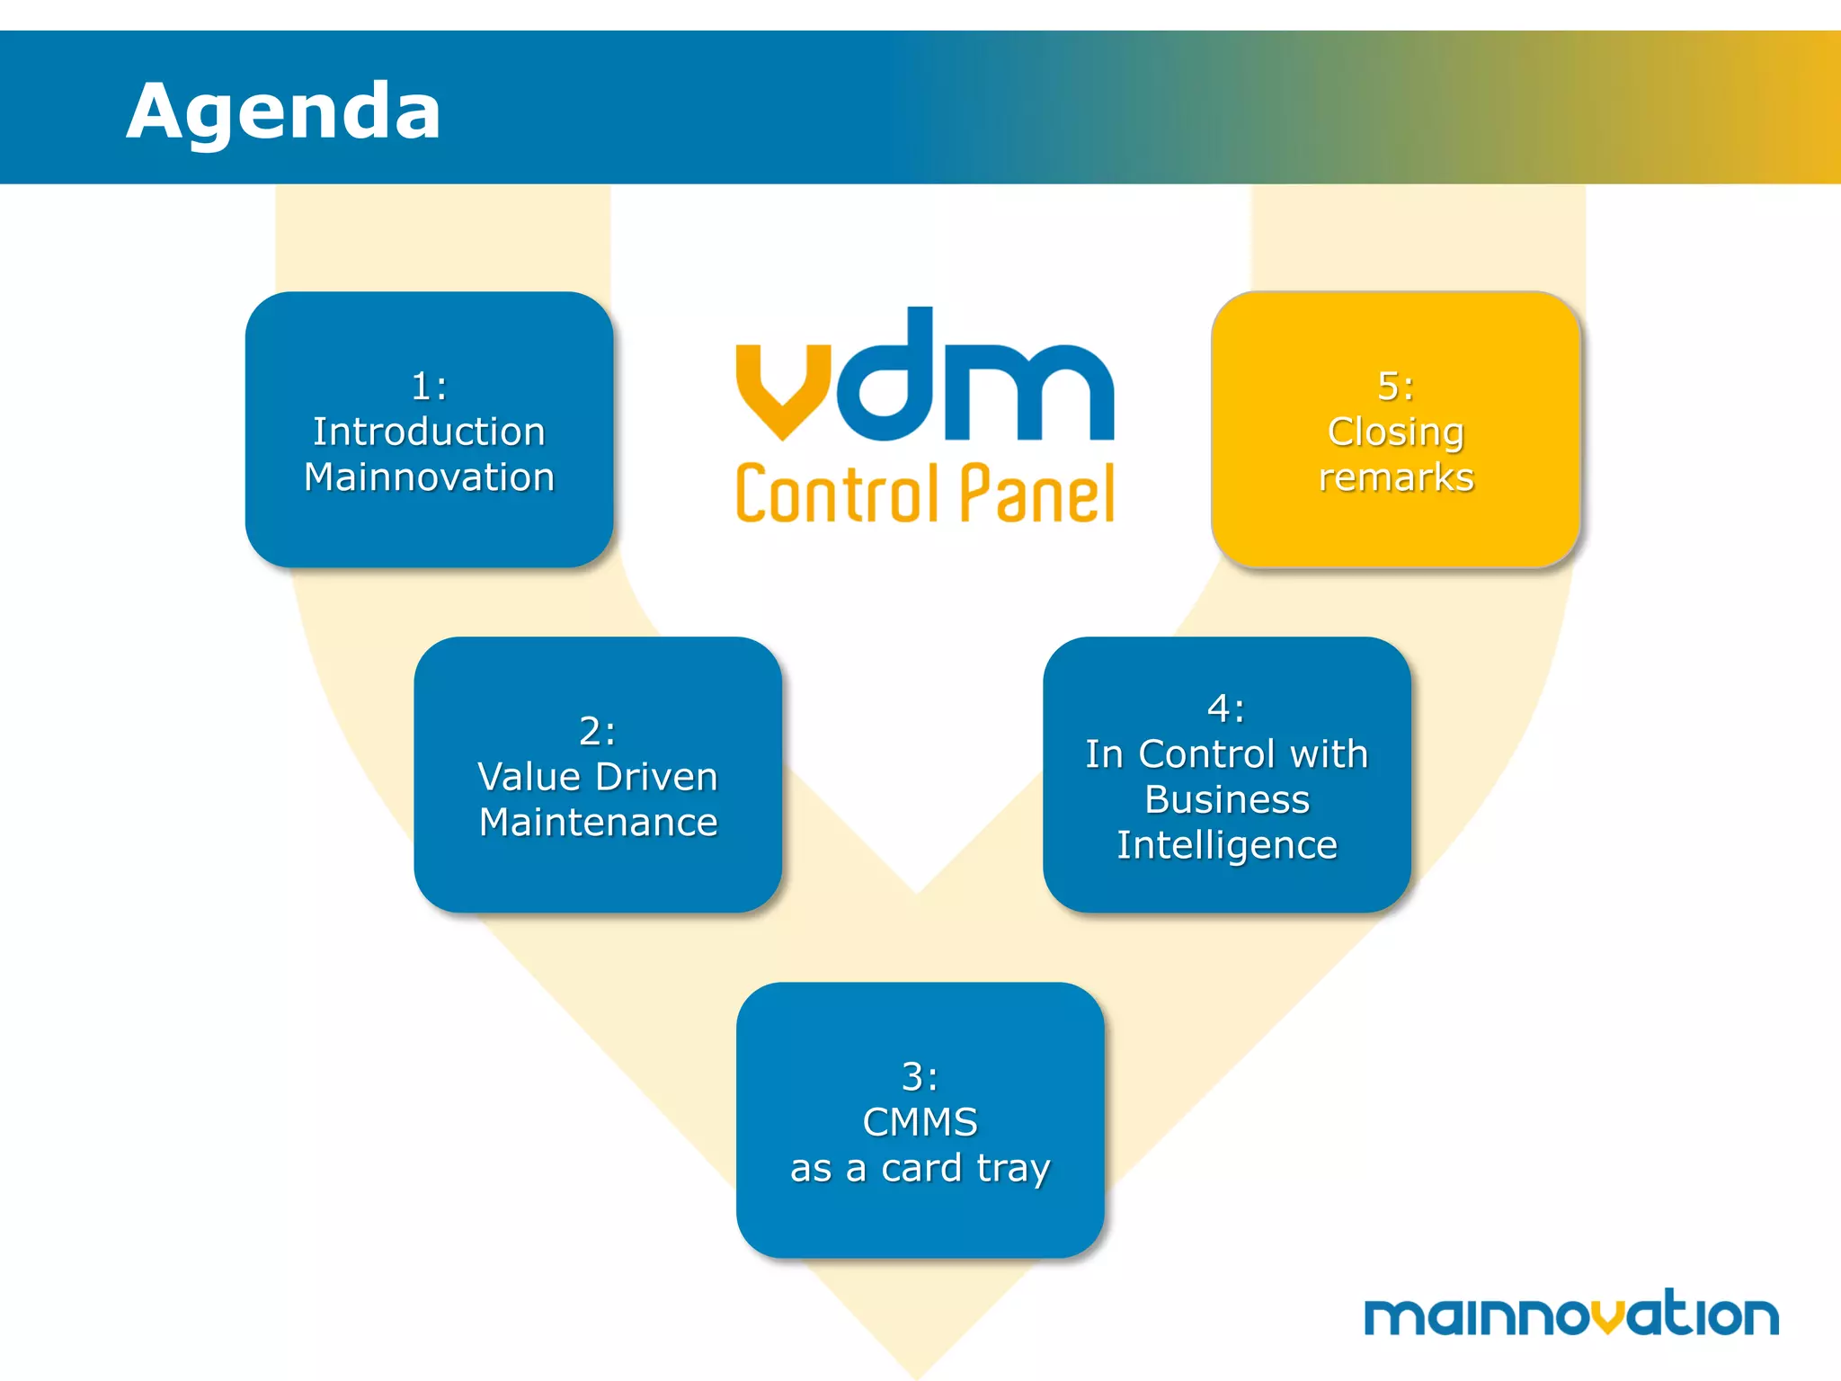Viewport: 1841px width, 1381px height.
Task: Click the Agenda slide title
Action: [x=283, y=111]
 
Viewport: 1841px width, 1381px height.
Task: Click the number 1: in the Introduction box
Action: [x=429, y=387]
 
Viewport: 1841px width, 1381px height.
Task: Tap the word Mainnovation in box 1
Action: [x=429, y=477]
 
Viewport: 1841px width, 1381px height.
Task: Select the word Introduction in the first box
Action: [x=429, y=432]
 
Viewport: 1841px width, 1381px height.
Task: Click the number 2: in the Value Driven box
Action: [x=598, y=731]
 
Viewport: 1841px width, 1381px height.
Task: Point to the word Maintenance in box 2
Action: [x=598, y=823]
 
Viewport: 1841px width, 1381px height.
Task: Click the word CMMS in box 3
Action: [x=920, y=1122]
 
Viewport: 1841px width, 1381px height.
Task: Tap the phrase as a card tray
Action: [x=920, y=1169]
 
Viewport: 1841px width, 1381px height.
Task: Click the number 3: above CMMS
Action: [x=920, y=1076]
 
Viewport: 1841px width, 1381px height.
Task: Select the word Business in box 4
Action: [x=1227, y=799]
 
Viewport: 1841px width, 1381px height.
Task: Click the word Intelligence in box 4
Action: [x=1227, y=845]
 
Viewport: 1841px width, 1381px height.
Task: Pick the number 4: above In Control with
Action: [x=1227, y=708]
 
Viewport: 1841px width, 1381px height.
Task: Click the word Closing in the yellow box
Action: [x=1396, y=432]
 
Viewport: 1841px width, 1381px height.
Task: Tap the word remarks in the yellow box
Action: [x=1396, y=477]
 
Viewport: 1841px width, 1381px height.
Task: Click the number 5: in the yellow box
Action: [x=1396, y=387]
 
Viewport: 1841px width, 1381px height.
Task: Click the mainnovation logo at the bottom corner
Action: [x=1570, y=1314]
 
